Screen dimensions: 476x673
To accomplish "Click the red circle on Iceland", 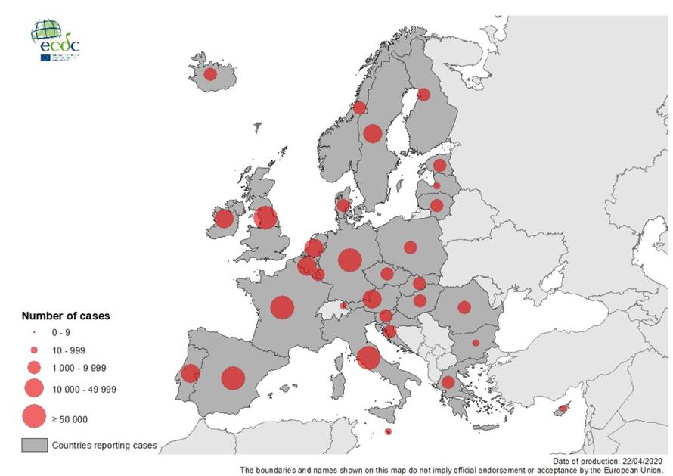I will pos(210,74).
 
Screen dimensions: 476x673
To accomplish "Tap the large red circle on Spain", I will pos(233,378).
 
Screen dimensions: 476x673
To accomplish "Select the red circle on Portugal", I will pos(191,373).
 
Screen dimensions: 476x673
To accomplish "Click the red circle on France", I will pos(282,307).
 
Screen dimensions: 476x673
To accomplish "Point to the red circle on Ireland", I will pos(224,219).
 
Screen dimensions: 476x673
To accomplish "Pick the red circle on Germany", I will pos(349,260).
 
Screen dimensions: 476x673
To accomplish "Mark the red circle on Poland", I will pos(410,247).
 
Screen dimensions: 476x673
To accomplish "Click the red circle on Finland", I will pos(423,95).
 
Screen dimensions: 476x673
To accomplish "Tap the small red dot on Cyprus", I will pos(563,409).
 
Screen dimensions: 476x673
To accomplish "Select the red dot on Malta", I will pos(388,432).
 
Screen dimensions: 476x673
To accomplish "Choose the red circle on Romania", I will pos(464,306).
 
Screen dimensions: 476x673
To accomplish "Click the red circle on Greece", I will pos(448,382).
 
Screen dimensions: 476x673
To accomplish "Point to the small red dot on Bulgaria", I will pos(476,343).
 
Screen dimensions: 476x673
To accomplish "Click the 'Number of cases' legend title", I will pos(65,316).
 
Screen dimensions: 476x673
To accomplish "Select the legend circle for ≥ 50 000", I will pos(33,416).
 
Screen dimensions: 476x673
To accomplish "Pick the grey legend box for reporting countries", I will pos(33,445).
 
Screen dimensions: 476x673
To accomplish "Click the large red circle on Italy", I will pos(368,357).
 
